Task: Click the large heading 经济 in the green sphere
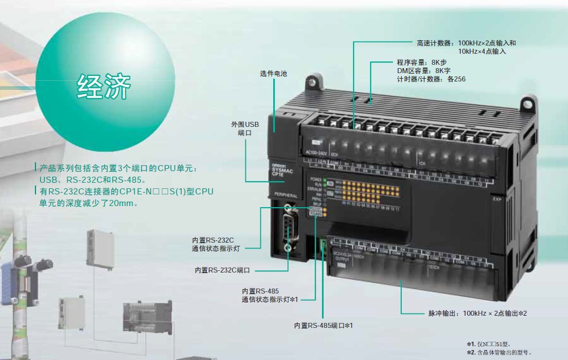coord(104,86)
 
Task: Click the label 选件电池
coord(274,74)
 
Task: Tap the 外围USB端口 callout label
coord(245,128)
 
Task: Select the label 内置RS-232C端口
coord(222,270)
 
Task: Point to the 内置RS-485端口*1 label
coord(324,326)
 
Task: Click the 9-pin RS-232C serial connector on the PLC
coord(288,227)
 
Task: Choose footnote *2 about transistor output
coord(499,352)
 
